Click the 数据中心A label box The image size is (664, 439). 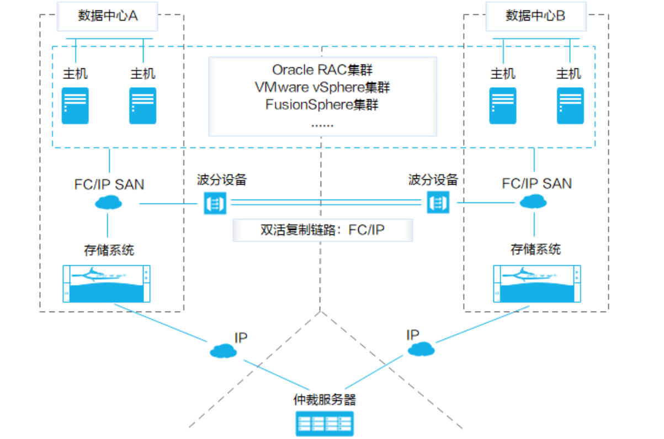108,16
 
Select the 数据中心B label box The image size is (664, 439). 535,16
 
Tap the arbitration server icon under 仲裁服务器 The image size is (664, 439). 323,423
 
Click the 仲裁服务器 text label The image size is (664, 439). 324,399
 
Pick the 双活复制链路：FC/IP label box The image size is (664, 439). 322,230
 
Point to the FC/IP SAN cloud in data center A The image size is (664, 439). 108,203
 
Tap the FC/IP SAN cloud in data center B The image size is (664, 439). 533,203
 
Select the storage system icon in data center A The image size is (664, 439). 107,283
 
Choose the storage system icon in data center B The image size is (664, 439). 536,283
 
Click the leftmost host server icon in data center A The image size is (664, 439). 75,105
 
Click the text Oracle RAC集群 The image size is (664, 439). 322,70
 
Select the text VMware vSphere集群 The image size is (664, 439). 322,87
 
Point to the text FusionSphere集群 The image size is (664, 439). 322,104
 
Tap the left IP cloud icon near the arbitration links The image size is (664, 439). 223,350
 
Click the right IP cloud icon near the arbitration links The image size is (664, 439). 421,349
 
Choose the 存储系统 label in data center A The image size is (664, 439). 109,250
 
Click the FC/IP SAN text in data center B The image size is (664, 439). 536,183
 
